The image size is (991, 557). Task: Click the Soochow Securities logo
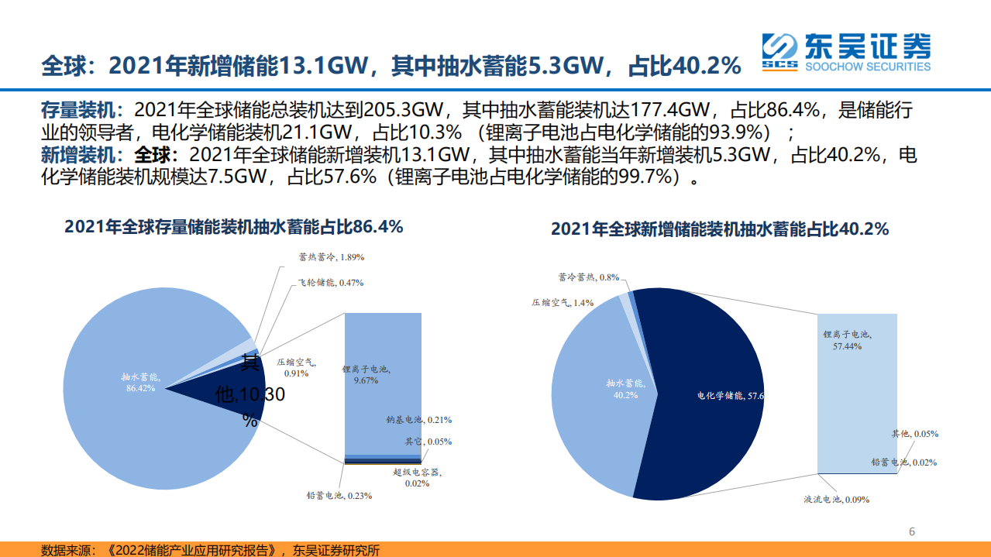pos(845,52)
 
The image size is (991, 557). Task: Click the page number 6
pos(912,531)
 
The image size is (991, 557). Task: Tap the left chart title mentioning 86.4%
pos(234,227)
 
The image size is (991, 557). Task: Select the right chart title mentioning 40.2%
pos(720,229)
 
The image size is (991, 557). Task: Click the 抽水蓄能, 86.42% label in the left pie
pos(140,382)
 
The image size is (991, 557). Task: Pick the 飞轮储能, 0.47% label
pos(331,283)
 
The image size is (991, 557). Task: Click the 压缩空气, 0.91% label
pos(297,366)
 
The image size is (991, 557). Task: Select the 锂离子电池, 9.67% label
pos(366,375)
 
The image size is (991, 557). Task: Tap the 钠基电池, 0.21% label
pos(418,420)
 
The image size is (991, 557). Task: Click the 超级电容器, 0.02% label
pos(416,477)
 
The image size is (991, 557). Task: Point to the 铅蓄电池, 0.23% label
pos(339,495)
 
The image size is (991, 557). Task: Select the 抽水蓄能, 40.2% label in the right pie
pos(625,389)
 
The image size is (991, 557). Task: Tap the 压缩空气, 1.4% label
pos(563,303)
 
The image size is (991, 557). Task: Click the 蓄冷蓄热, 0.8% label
pos(588,277)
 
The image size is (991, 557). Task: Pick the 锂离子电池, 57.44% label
pos(847,340)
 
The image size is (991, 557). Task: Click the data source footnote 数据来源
pos(210,550)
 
